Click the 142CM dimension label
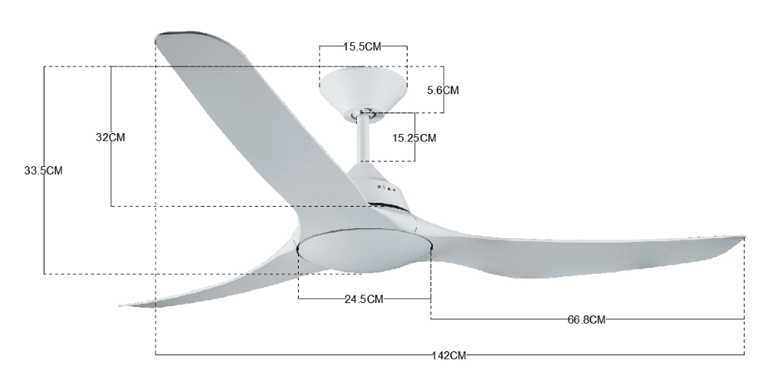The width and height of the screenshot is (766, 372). tap(449, 354)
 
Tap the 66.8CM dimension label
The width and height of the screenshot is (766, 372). tap(588, 319)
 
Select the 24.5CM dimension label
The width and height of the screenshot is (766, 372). tap(364, 299)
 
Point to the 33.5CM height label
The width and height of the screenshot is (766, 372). tap(44, 171)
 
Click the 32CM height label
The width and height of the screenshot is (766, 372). tap(110, 137)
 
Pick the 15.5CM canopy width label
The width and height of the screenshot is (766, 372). tap(362, 47)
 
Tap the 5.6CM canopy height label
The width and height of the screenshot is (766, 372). tap(443, 90)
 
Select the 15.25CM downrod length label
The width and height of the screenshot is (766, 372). tap(414, 138)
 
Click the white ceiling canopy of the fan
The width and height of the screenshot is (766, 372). tap(362, 88)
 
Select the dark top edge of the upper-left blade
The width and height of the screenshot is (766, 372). tap(184, 35)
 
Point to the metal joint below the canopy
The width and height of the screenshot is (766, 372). tap(365, 114)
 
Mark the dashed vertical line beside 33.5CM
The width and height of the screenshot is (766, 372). tap(44, 230)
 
